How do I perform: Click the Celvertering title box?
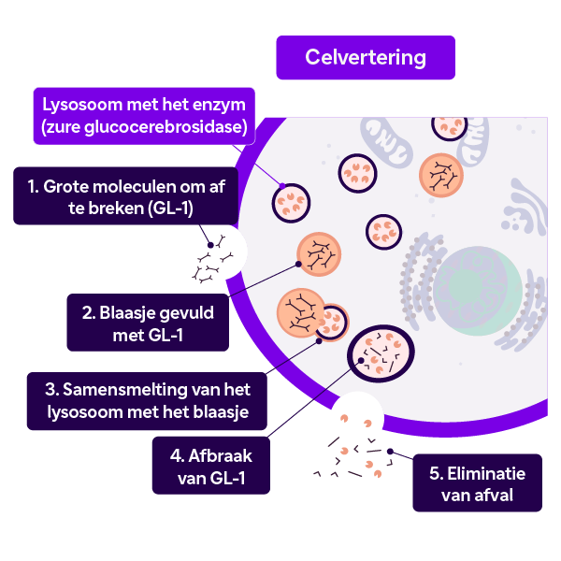[x=366, y=57]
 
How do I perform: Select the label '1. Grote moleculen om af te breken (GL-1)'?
[x=126, y=195]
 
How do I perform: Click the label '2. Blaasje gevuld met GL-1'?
[x=148, y=323]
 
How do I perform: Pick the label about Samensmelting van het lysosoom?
[x=147, y=401]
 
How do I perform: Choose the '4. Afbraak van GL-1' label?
[x=211, y=465]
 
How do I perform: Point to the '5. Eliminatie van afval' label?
[x=477, y=482]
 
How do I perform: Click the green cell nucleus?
[x=478, y=291]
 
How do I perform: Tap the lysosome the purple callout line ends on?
[x=291, y=203]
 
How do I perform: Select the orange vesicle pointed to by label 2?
[x=319, y=254]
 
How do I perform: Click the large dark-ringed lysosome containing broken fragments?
[x=381, y=353]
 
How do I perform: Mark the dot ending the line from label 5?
[x=390, y=452]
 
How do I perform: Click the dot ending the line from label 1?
[x=210, y=245]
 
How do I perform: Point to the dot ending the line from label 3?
[x=319, y=341]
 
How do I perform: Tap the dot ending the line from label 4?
[x=361, y=361]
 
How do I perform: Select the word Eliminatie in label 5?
[x=486, y=473]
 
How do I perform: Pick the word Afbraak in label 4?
[x=220, y=456]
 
